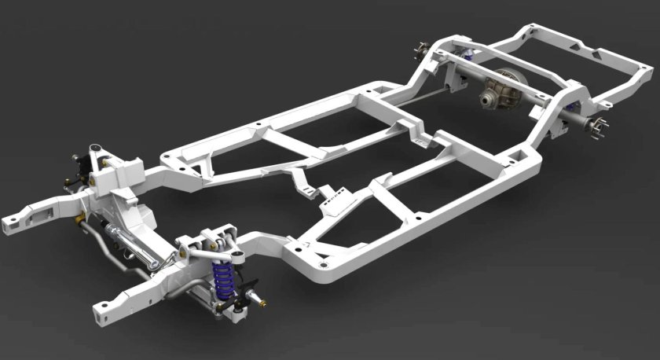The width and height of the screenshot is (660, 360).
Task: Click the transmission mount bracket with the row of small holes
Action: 336,193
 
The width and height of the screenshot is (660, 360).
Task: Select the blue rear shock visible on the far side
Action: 470,53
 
